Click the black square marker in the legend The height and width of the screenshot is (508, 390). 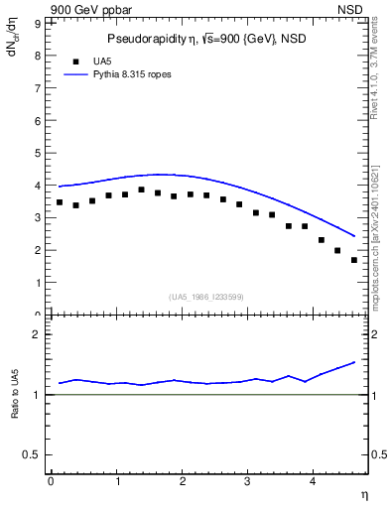coord(75,62)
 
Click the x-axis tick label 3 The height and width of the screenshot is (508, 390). coord(248,481)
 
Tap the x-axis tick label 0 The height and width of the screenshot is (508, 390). coord(50,481)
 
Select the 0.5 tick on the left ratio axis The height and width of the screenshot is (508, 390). coord(32,454)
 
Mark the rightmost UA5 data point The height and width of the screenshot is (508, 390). coord(353,260)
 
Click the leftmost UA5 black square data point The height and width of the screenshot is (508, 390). coord(60,202)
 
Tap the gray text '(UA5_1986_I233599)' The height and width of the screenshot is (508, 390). coord(205,297)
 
